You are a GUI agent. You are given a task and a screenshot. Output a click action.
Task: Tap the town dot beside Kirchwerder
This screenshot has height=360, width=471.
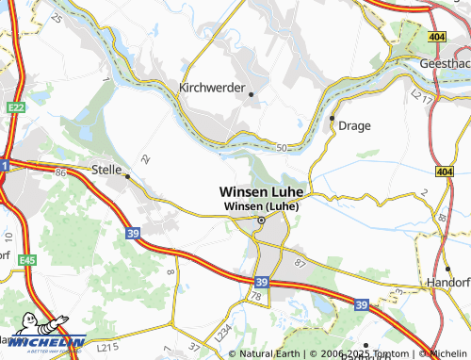point(252,93)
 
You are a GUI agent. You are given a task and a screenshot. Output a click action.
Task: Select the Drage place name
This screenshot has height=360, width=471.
point(356,125)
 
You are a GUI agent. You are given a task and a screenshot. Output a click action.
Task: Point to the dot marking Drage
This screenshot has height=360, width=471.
point(333,118)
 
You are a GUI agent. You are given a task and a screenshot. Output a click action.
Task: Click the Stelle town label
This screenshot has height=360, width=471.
point(110,169)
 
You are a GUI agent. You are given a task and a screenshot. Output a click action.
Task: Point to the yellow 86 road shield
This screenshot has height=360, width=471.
point(61,172)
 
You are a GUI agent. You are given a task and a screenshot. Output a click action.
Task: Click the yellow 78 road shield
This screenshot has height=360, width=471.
point(254,298)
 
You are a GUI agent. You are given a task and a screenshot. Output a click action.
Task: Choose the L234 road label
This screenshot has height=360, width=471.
point(223,332)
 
